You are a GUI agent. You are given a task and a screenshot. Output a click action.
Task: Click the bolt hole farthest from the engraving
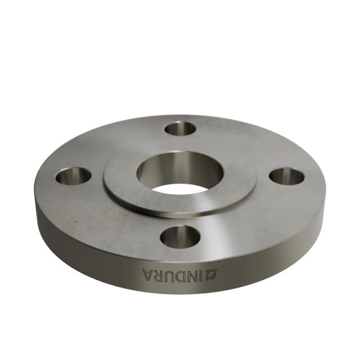180,128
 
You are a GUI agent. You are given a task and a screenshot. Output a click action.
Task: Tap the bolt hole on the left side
73,176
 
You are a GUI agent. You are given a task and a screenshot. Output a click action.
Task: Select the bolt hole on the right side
286,176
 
